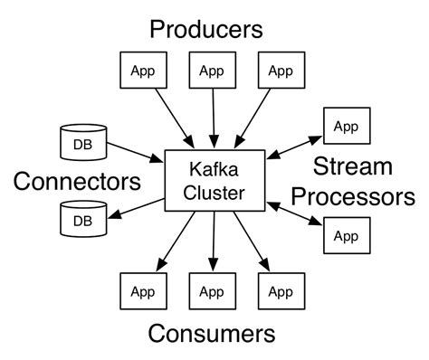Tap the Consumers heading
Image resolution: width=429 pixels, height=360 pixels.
click(x=211, y=334)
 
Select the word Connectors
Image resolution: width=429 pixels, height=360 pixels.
click(x=78, y=182)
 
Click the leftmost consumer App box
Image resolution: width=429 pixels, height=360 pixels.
click(x=143, y=292)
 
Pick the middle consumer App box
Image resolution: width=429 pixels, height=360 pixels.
click(x=211, y=292)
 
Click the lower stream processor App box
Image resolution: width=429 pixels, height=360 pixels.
click(x=346, y=236)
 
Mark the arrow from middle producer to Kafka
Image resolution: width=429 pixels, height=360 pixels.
click(x=212, y=118)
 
